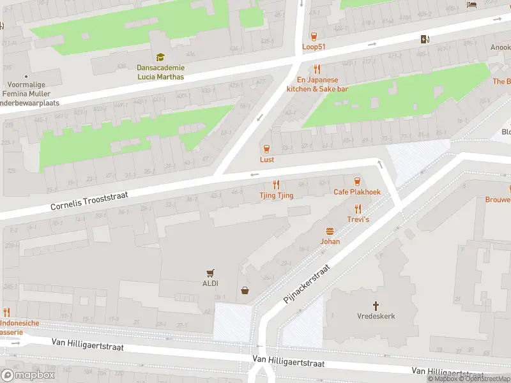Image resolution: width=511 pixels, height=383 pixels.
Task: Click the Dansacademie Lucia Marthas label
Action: pyautogui.click(x=160, y=72)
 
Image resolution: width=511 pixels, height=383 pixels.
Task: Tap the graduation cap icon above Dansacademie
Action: pyautogui.click(x=160, y=57)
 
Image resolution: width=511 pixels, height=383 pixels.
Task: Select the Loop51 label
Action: pyautogui.click(x=313, y=47)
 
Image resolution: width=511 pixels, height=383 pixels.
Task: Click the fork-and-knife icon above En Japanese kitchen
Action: pyautogui.click(x=316, y=70)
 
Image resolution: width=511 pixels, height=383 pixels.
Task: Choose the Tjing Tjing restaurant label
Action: pyautogui.click(x=277, y=195)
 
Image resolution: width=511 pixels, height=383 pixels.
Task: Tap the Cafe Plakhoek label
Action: pyautogui.click(x=356, y=192)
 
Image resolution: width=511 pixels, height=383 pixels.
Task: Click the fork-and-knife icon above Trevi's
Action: pyautogui.click(x=358, y=208)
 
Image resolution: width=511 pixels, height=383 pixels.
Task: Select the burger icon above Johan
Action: pyautogui.click(x=330, y=231)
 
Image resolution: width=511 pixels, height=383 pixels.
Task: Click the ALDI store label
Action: pyautogui.click(x=210, y=283)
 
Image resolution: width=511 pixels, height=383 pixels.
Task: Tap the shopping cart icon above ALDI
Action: pyautogui.click(x=210, y=273)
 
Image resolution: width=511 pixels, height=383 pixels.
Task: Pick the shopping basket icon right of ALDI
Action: pyautogui.click(x=245, y=291)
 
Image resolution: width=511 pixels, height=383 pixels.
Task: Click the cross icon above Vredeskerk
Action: pyautogui.click(x=376, y=306)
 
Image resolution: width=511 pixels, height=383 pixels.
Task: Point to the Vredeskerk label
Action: pyautogui.click(x=376, y=317)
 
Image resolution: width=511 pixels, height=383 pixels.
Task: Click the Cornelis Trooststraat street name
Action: pyautogui.click(x=90, y=200)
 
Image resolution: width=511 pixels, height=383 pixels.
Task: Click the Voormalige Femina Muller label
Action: pyautogui.click(x=29, y=89)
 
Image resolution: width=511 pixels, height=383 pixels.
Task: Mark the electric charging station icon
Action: pyautogui.click(x=425, y=39)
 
